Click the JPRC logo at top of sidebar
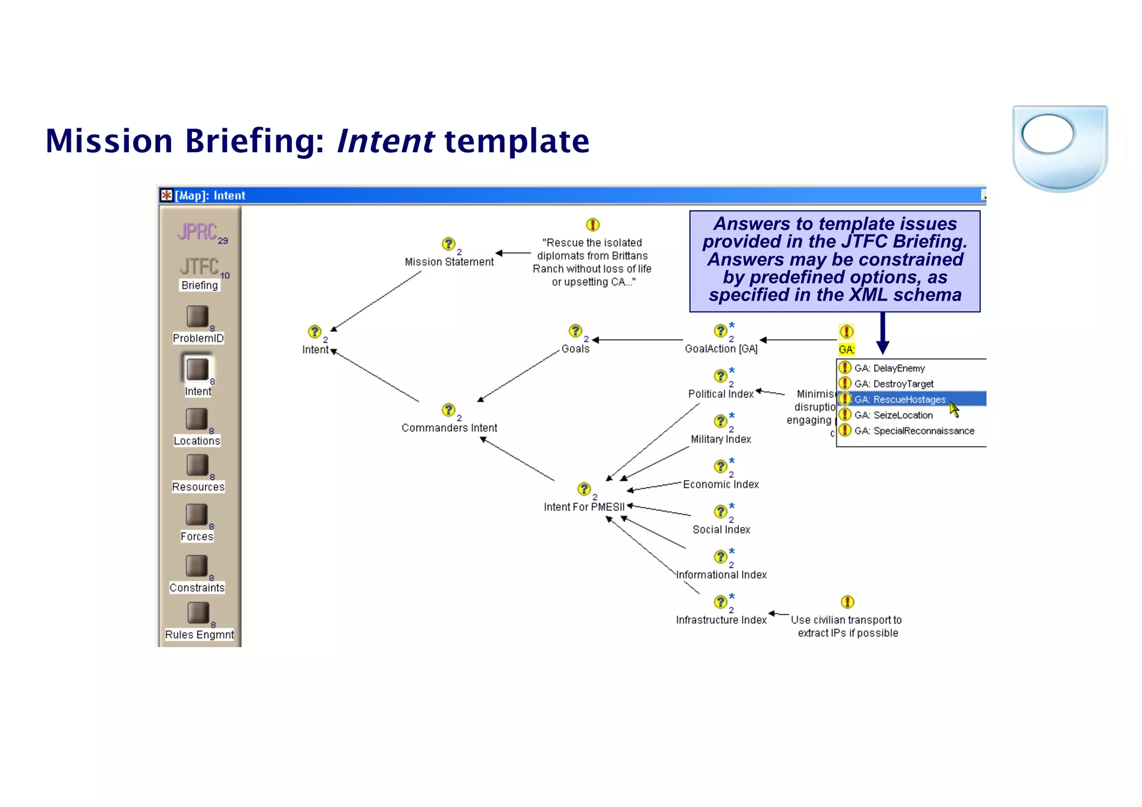[x=197, y=231]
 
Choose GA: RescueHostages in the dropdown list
[x=901, y=399]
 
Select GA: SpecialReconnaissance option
[x=914, y=431]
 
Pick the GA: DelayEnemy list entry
[x=889, y=368]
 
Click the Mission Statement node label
[x=449, y=262]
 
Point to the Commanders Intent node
[x=449, y=428]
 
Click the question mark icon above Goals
[x=575, y=331]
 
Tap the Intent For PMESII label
[x=584, y=507]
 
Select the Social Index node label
[x=721, y=529]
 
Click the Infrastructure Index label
[x=721, y=620]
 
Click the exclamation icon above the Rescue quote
[x=593, y=225]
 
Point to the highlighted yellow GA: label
[x=846, y=350]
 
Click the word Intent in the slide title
[x=385, y=141]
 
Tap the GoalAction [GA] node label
[x=721, y=349]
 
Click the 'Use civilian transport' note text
[x=846, y=626]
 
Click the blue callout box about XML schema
[x=835, y=260]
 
